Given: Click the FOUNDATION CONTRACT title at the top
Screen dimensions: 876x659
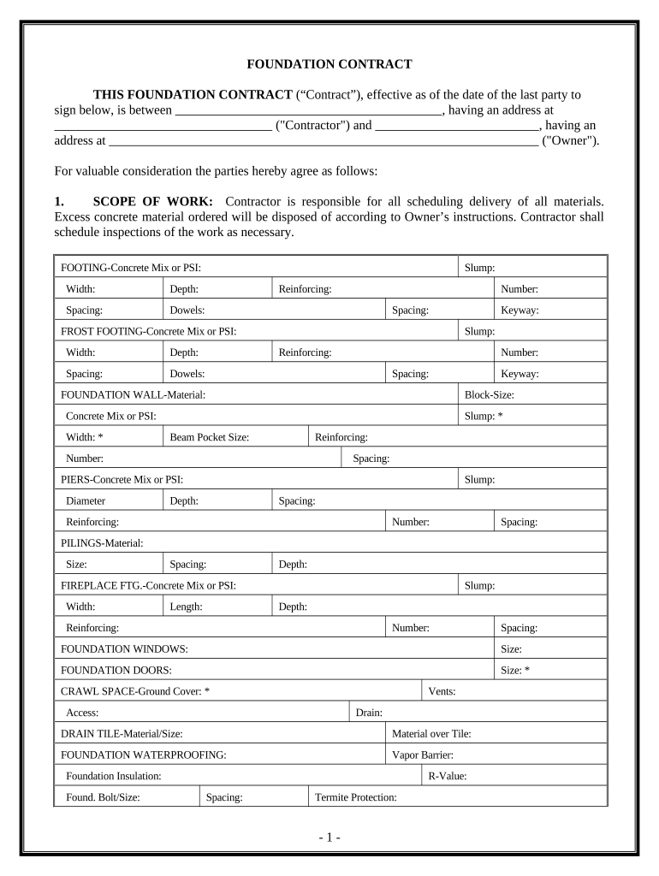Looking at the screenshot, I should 329,64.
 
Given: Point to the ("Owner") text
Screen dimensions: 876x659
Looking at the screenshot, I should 571,140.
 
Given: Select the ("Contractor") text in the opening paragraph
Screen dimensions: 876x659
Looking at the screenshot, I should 312,125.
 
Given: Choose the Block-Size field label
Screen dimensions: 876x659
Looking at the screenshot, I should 489,394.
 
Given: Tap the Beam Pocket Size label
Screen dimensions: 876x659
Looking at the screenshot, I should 209,437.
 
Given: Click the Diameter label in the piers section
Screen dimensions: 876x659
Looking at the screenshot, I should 86,500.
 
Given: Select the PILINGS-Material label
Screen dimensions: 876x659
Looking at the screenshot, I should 102,543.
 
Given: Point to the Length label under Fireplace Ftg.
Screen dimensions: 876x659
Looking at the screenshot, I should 186,607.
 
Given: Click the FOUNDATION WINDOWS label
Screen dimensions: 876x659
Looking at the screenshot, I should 124,649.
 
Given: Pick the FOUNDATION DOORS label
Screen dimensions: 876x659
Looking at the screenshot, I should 116,670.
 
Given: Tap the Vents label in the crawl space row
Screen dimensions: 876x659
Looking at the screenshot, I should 441,691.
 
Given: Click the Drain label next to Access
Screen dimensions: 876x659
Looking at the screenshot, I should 368,713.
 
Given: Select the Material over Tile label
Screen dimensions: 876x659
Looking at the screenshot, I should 431,733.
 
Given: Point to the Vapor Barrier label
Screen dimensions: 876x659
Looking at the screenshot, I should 422,755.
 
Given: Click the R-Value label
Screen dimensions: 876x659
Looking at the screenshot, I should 447,776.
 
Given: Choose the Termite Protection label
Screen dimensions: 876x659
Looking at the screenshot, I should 355,797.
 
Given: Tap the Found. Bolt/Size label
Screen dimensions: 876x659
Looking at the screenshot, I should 103,797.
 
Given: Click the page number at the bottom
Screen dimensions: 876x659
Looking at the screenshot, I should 329,838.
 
